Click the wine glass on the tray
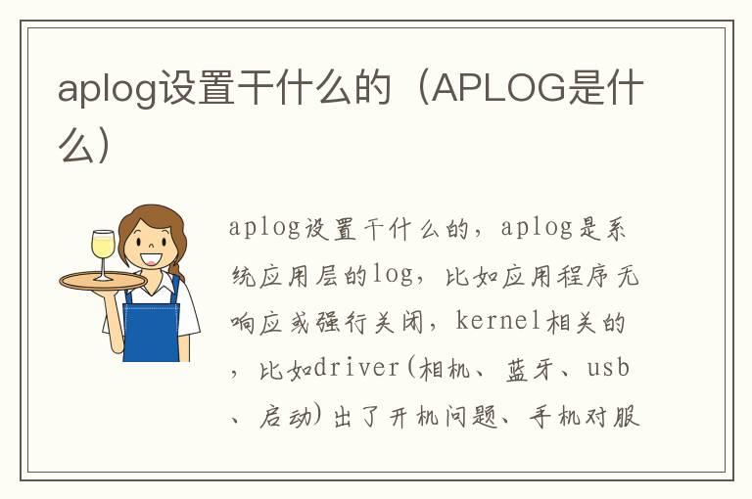pos(102,250)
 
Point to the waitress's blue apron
pos(152,328)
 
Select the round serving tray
pos(103,280)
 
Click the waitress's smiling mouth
pos(151,259)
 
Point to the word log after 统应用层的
pos(393,275)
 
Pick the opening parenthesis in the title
pos(418,89)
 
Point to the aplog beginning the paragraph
pos(265,228)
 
